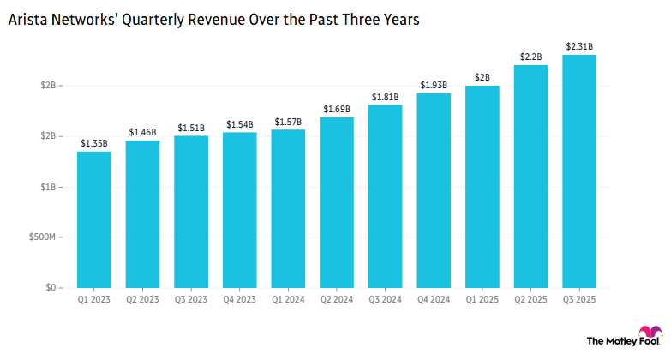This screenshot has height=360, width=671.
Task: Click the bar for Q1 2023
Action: point(93,219)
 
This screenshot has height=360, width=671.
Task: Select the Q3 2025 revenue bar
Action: point(579,171)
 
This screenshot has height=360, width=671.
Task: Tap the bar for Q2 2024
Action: point(337,202)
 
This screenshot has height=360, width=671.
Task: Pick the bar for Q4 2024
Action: point(434,190)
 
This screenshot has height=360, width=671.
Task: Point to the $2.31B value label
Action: point(579,46)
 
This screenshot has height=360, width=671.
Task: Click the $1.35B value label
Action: point(93,143)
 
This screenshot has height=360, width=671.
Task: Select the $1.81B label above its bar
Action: point(385,96)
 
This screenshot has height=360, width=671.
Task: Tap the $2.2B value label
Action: point(530,57)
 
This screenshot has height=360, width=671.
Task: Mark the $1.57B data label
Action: point(288,121)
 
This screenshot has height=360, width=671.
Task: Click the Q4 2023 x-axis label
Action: point(239,300)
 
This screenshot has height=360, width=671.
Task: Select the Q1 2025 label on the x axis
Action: point(482,300)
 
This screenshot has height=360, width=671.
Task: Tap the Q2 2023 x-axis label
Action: point(142,300)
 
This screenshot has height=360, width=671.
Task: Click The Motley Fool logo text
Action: point(611,342)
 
